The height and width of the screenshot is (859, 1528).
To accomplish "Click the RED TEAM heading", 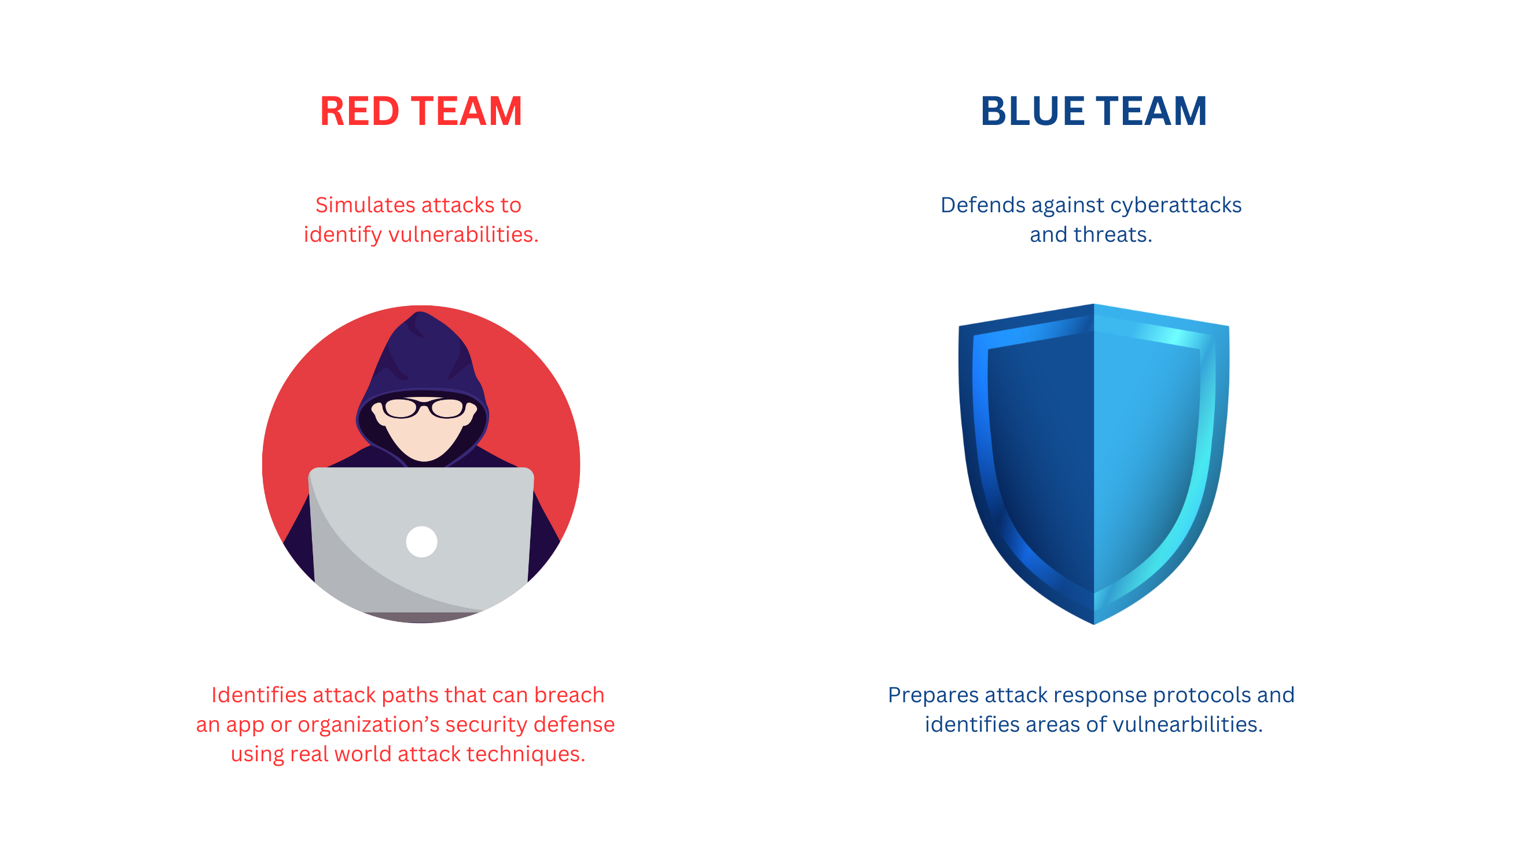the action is click(421, 111).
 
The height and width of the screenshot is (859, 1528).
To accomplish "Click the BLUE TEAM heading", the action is click(1093, 111).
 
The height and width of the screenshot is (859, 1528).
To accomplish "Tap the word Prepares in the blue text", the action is click(933, 695).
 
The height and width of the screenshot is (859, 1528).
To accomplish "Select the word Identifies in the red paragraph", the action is click(259, 695).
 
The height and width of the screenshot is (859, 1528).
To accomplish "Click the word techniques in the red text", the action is click(526, 754).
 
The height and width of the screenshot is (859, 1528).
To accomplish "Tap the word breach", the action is click(569, 695).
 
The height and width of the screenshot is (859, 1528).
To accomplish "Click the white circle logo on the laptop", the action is click(422, 542).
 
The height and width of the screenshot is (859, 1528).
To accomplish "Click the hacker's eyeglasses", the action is click(424, 408).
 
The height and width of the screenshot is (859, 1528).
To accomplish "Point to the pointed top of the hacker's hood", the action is click(421, 312).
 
